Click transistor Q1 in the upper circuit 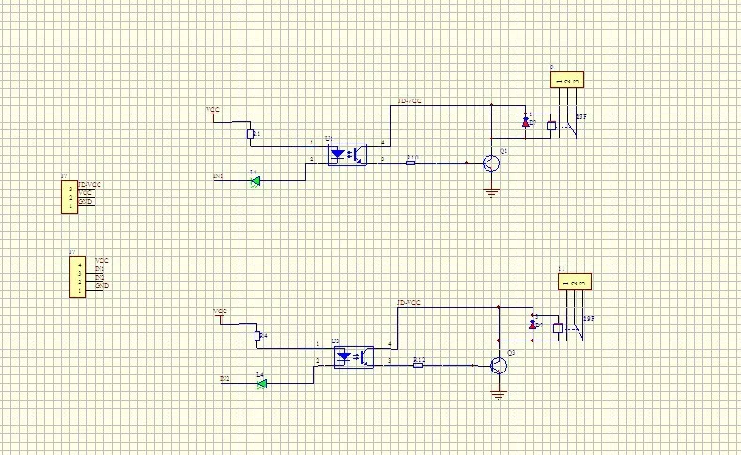pos(491,162)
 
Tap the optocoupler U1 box pos(346,155)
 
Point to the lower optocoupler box pos(353,356)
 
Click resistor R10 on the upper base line pos(410,163)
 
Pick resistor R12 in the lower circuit pos(418,365)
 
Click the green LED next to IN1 pos(255,180)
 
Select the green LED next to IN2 pos(262,383)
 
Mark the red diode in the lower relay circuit pos(533,325)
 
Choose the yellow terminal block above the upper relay pos(567,81)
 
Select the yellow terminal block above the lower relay pos(575,282)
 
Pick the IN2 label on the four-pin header pos(100,277)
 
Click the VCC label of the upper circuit pos(213,110)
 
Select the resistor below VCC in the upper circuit pos(249,134)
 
